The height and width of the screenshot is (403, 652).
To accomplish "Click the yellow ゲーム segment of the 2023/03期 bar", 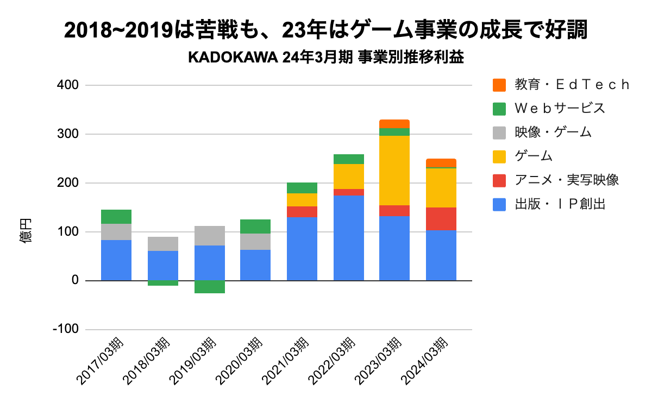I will [394, 170].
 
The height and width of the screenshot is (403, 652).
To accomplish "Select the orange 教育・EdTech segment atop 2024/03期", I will [441, 163].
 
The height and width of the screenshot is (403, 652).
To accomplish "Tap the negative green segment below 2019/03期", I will [209, 287].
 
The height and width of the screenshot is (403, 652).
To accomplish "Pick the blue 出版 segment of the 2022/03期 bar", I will [348, 237].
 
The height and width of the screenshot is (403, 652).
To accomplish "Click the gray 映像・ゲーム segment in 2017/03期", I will [116, 232].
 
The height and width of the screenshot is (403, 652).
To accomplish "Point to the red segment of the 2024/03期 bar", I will [441, 218].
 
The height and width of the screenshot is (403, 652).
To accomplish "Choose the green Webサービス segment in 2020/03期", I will [255, 226].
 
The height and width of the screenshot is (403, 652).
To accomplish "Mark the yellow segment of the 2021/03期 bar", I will [302, 199].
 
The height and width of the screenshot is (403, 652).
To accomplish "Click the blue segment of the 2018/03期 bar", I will [163, 266].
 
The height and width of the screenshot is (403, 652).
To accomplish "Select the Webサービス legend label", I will [560, 108].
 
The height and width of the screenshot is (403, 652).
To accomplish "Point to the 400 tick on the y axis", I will [68, 85].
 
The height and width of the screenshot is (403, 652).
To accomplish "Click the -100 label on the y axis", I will [65, 330].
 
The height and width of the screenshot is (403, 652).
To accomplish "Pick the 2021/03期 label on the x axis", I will [291, 361].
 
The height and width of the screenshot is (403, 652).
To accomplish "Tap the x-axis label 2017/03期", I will [105, 361].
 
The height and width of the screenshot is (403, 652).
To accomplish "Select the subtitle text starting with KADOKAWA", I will [325, 58].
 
